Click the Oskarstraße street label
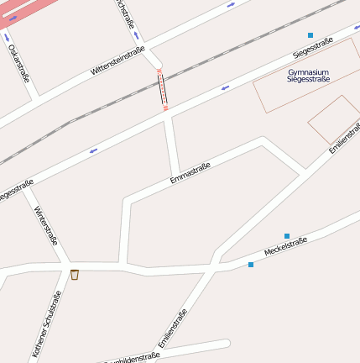[18, 63]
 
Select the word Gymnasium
[308, 72]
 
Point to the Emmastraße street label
[190, 172]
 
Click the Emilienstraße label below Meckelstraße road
[171, 329]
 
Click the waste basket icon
[75, 275]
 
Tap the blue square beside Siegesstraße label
[310, 35]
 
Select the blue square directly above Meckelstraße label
[287, 236]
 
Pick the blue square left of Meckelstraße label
[251, 265]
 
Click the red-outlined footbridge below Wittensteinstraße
[163, 91]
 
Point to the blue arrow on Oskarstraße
[8, 37]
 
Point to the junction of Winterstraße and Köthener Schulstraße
[65, 266]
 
